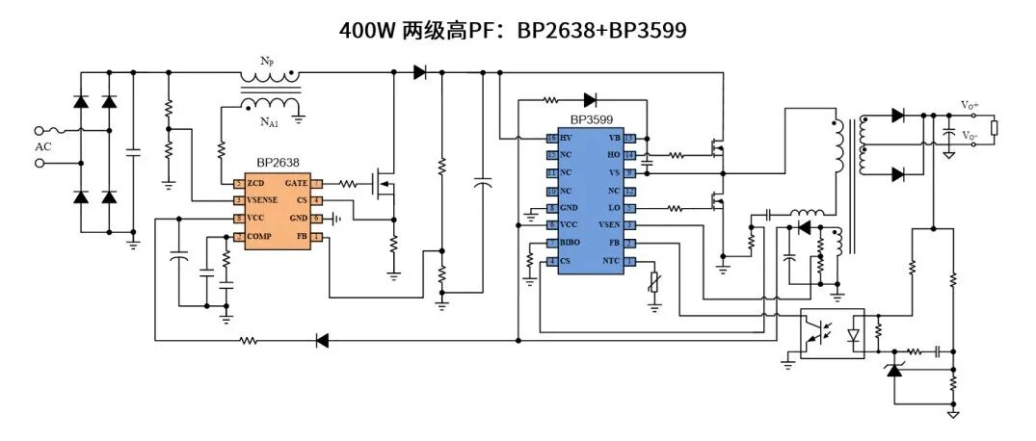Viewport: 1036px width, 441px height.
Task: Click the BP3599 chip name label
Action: coord(591,119)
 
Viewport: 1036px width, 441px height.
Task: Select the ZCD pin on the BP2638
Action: coord(255,183)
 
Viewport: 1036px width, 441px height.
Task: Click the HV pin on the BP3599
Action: coord(565,139)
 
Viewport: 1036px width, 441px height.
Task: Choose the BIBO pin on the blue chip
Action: coord(570,243)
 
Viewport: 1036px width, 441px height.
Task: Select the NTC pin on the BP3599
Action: coord(611,261)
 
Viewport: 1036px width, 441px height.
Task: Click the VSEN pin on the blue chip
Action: coord(609,225)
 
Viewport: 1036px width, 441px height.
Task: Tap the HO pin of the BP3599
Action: coord(614,155)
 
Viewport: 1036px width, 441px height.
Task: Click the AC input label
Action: coord(43,147)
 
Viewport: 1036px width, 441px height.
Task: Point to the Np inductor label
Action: coord(267,60)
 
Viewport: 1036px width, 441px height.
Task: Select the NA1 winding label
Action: coord(269,122)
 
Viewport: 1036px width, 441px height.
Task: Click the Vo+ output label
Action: coord(969,105)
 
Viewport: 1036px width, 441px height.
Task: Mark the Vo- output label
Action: coord(969,136)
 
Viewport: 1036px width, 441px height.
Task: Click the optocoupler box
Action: coord(832,333)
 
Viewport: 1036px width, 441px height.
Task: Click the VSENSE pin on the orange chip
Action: coord(262,200)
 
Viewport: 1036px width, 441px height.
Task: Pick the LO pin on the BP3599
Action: coord(614,208)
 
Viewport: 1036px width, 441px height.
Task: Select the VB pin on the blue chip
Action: coord(614,139)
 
